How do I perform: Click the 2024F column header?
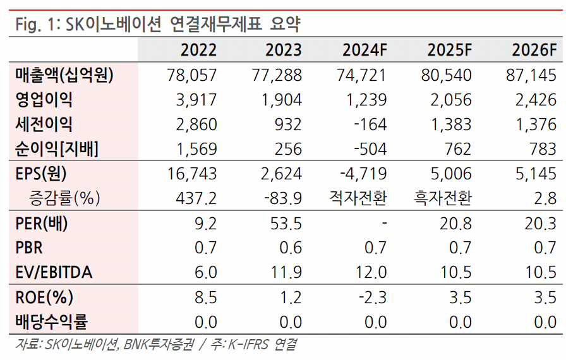pyautogui.click(x=364, y=50)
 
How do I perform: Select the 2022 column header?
pyautogui.click(x=198, y=50)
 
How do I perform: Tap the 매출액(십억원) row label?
pyautogui.click(x=64, y=76)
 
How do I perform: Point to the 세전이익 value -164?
pyautogui.click(x=370, y=124)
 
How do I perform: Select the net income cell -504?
pyautogui.click(x=370, y=149)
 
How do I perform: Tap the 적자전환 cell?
pyautogui.click(x=358, y=198)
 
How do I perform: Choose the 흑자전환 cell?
pyautogui.click(x=442, y=198)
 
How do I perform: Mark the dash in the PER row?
pyautogui.click(x=383, y=223)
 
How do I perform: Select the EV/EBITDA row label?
pyautogui.click(x=54, y=272)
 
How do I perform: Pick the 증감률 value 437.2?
pyautogui.click(x=197, y=198)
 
